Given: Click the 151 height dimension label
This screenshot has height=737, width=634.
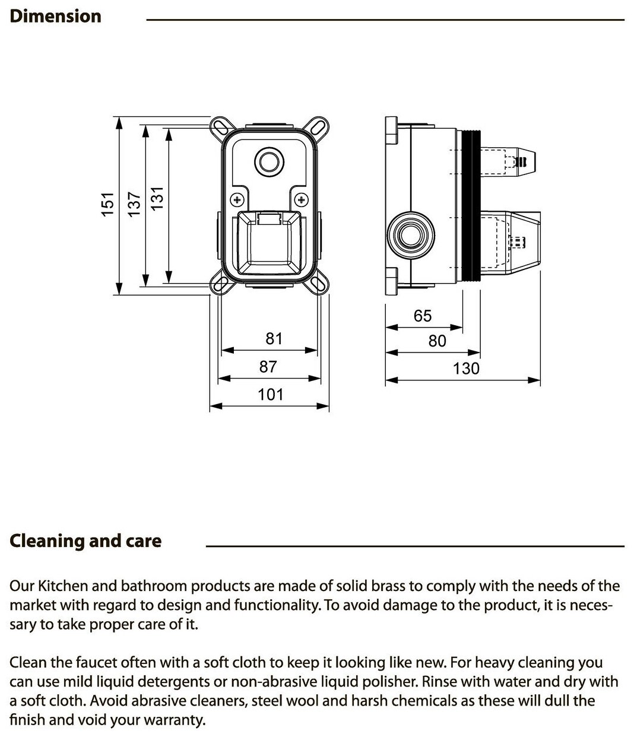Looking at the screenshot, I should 107,204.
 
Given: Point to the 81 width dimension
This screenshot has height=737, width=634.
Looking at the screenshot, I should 274,339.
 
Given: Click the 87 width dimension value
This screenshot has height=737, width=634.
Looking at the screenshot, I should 268,367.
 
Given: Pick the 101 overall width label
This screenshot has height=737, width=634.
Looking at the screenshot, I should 270,394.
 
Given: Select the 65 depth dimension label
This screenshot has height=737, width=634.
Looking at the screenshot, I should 423,316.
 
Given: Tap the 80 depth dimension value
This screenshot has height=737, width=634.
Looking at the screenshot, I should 437,341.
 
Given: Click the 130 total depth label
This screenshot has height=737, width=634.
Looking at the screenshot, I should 465,368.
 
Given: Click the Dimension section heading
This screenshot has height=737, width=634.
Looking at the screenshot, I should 56,16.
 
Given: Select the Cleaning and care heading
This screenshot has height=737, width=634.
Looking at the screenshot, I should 85,541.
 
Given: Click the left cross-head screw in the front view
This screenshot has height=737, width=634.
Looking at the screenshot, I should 237,199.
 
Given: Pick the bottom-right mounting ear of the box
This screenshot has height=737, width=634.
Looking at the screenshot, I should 318,285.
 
